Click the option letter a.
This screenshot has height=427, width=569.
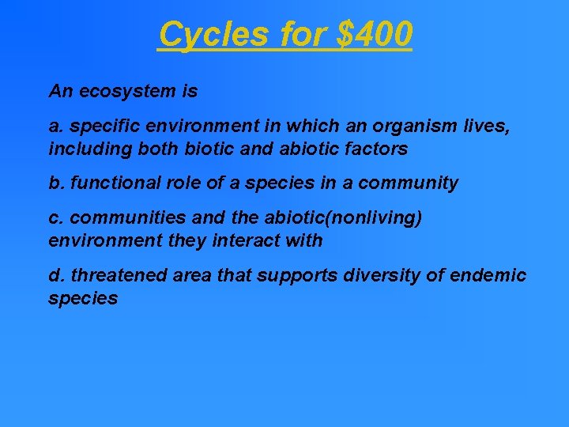point(54,127)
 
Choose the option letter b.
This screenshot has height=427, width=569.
point(55,183)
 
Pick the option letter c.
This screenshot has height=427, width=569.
point(54,218)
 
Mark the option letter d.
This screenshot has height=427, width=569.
point(55,275)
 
